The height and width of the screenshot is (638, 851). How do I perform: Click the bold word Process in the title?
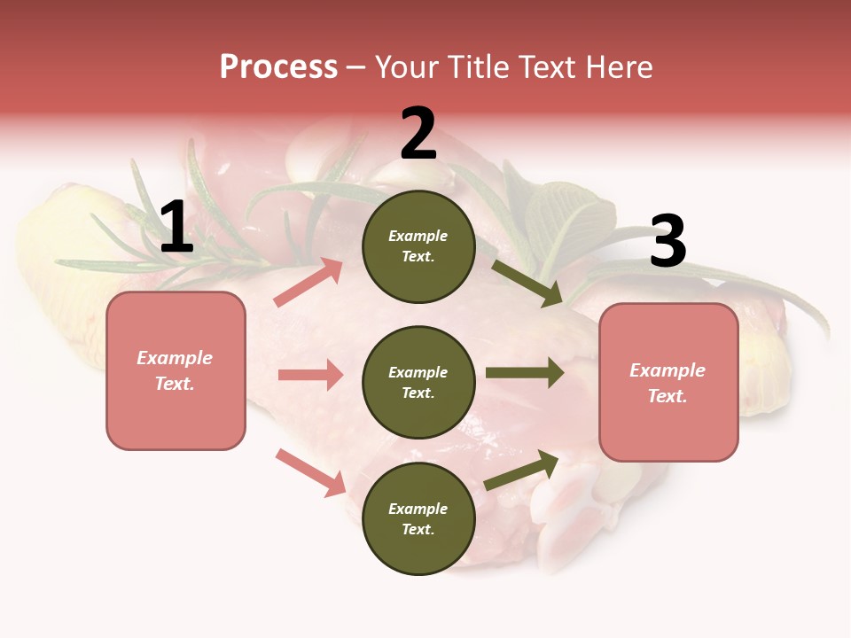click(278, 67)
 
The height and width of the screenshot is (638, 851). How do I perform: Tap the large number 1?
click(176, 228)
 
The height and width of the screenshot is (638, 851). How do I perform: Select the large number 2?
click(418, 135)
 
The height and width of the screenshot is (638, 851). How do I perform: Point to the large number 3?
click(668, 242)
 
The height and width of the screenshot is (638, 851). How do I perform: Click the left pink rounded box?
click(176, 370)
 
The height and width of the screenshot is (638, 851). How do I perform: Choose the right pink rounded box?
click(668, 383)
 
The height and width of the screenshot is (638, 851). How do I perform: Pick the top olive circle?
click(418, 246)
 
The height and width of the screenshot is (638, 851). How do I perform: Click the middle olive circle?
click(418, 382)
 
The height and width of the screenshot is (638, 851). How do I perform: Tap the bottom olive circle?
click(418, 518)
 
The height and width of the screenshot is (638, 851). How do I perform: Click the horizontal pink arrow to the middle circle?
click(310, 375)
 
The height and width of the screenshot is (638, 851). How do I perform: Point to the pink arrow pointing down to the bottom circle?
click(310, 471)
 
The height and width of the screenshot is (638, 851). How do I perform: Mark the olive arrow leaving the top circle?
click(527, 283)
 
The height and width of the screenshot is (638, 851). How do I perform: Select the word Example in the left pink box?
click(175, 358)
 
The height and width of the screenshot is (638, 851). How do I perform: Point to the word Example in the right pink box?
click(668, 370)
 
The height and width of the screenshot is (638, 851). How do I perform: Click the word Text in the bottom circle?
click(417, 529)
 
